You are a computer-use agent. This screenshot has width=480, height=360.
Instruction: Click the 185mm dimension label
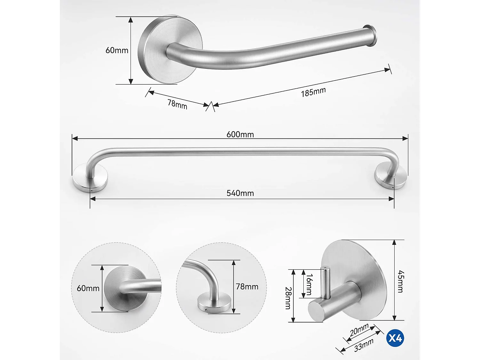coord(313,92)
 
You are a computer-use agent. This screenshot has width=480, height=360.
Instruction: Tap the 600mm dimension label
coord(240,134)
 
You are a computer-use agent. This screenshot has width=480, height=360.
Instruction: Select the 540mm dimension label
coord(240,193)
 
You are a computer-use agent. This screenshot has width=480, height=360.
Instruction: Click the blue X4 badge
coord(395,338)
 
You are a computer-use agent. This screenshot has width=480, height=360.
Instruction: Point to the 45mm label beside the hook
coord(401,282)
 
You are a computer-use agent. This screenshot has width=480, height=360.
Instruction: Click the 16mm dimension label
coord(309,284)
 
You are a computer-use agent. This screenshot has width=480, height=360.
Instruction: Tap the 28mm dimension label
coord(288,298)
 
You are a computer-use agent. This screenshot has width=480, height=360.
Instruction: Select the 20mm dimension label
coord(359,330)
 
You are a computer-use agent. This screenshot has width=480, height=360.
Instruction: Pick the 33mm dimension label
coord(364,345)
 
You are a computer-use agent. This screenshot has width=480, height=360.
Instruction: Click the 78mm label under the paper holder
coord(177,104)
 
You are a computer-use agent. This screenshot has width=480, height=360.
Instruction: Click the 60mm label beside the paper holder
coord(117,50)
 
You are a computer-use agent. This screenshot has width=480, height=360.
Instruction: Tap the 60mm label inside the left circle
coord(88,288)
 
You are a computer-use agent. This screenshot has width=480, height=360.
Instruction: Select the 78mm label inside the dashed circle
coord(247,287)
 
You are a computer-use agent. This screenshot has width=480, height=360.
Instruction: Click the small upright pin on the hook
coord(325,282)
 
